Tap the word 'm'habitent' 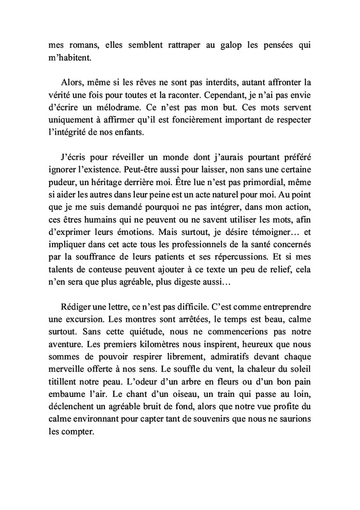point(69,58)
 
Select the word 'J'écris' point(73,157)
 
